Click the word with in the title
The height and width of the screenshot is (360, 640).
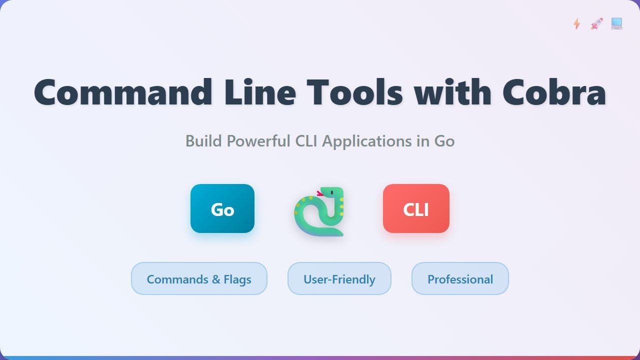pyautogui.click(x=452, y=92)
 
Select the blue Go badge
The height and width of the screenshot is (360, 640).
pyautogui.click(x=222, y=208)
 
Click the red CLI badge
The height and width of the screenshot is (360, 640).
pyautogui.click(x=416, y=208)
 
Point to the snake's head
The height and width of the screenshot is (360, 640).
pyautogui.click(x=332, y=193)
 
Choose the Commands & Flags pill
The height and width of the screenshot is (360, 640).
pyautogui.click(x=199, y=278)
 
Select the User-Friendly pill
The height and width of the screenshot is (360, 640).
pyautogui.click(x=339, y=278)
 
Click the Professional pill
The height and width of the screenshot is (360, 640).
pyautogui.click(x=460, y=278)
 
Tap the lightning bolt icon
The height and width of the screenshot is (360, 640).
pyautogui.click(x=576, y=23)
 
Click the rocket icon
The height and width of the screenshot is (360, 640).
pyautogui.click(x=596, y=23)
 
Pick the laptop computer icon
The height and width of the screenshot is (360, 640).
pyautogui.click(x=616, y=23)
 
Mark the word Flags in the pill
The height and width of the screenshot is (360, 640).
pyautogui.click(x=237, y=279)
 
